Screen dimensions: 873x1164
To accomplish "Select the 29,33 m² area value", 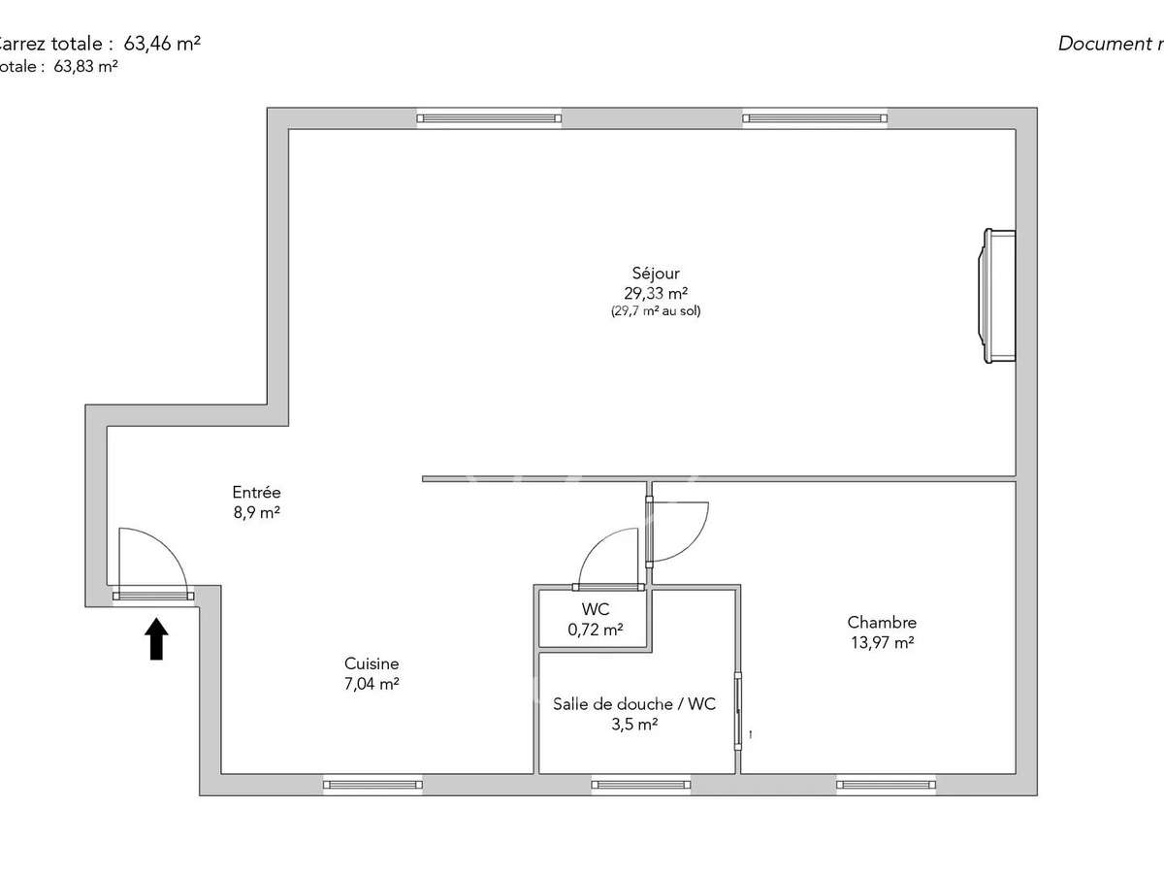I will pos(656,293).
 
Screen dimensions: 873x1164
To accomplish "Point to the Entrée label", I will pos(256,493).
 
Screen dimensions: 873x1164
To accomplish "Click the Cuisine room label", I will pos(372,663).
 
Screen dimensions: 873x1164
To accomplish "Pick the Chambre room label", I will pos(882,623).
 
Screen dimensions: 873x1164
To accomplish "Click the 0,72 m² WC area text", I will pos(596,630).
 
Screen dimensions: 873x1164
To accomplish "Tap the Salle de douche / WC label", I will pos(634,704).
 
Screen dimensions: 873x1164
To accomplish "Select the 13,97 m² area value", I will pos(882,642).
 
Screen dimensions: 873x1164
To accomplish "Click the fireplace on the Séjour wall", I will pos(1000,296).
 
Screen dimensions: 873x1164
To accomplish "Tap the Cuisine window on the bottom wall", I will pos(372,785).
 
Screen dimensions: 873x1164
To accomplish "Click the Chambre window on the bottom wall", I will pos(887,785).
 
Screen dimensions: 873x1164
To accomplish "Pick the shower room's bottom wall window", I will pos(640,785).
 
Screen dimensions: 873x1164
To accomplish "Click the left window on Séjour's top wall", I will pos(489,118).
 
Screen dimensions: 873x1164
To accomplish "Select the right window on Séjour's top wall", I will pos(815,118).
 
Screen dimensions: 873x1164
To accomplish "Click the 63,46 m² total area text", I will pos(163,43).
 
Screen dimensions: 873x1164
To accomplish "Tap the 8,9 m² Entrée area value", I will pos(256,512).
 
